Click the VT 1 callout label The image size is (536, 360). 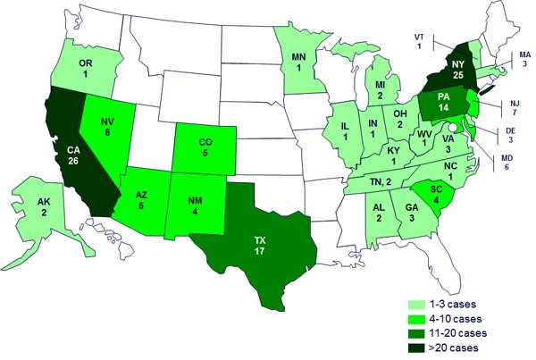click(418, 41)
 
